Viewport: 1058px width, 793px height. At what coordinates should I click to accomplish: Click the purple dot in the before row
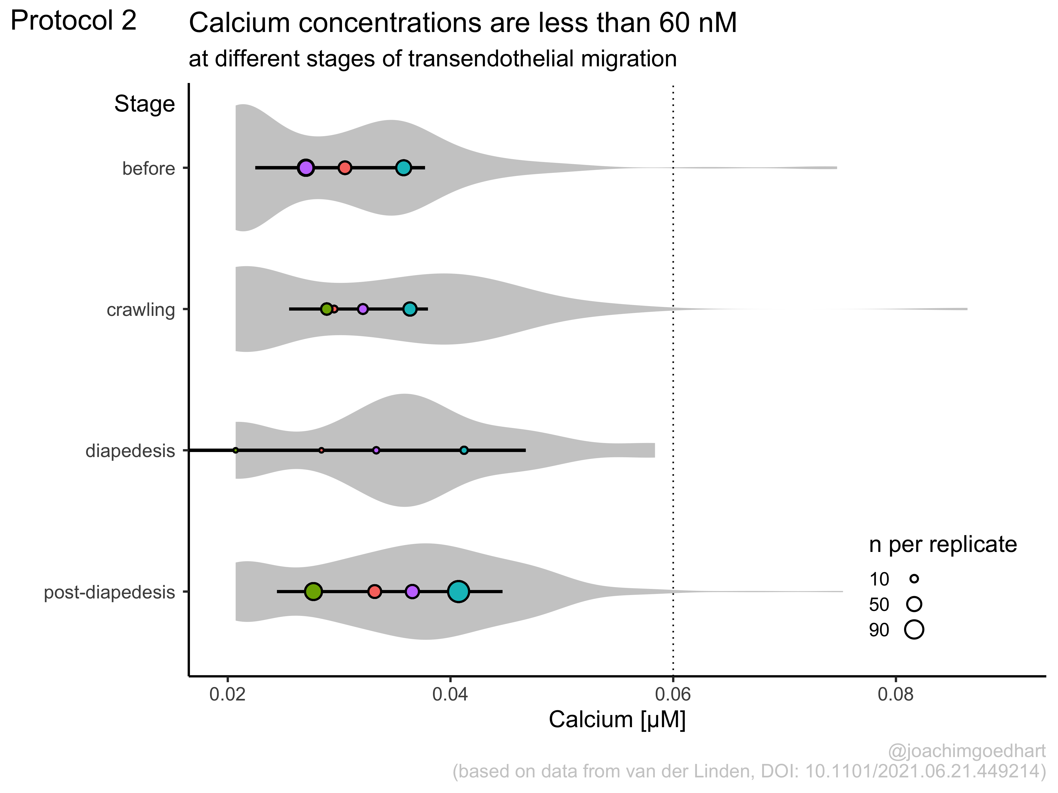click(306, 168)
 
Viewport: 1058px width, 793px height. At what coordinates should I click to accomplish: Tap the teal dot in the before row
click(404, 168)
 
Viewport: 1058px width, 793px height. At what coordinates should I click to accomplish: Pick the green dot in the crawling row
click(327, 309)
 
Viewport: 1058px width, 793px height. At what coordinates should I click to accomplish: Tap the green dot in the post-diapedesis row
click(313, 591)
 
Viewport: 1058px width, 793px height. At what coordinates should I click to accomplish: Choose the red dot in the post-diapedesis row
click(375, 591)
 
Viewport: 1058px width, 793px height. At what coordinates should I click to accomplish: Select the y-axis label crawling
click(141, 310)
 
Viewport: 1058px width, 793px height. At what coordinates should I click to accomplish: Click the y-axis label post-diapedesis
click(110, 592)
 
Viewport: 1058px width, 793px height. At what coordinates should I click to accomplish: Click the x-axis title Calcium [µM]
click(617, 720)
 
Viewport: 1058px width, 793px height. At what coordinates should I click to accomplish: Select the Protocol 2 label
click(74, 21)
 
